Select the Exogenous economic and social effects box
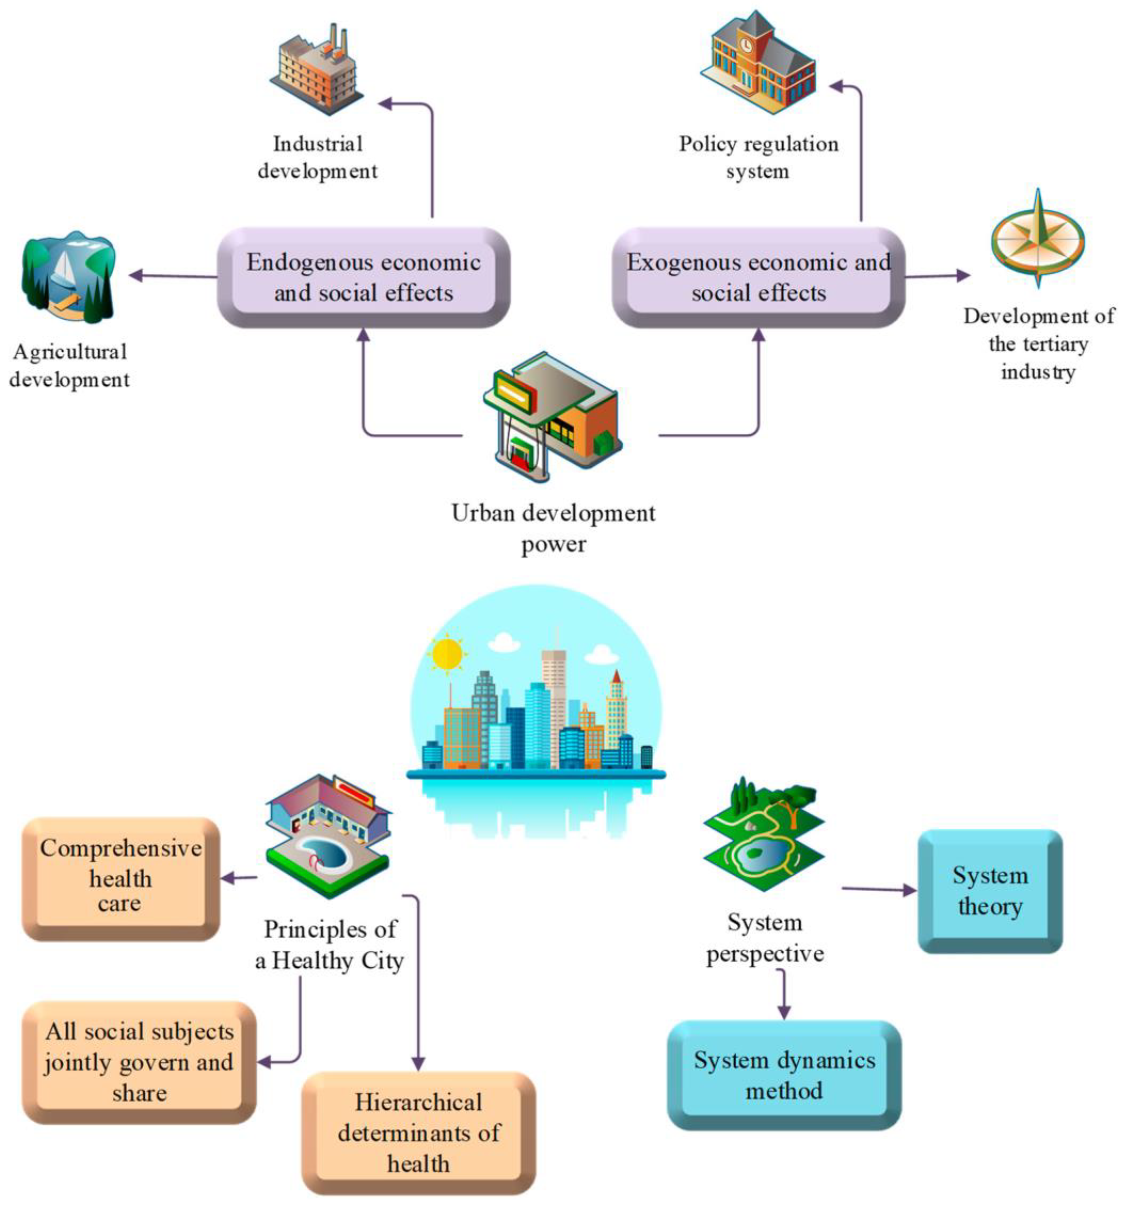(758, 277)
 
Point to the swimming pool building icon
(328, 835)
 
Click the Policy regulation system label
(758, 157)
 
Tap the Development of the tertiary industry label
(1038, 344)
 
